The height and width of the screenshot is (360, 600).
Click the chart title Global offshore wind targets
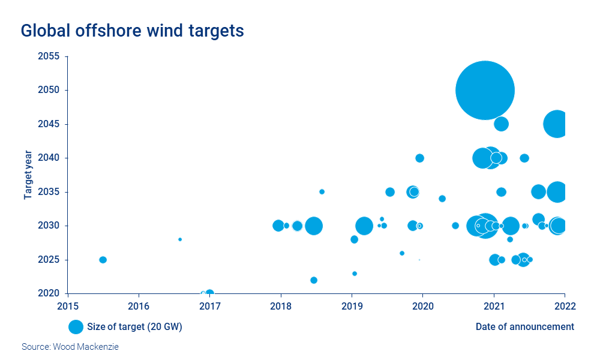click(133, 31)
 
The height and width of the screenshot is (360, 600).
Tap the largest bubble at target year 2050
click(485, 90)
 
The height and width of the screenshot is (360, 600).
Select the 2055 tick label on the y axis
click(49, 56)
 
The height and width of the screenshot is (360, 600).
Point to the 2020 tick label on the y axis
click(49, 293)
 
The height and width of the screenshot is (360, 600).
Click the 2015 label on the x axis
click(68, 305)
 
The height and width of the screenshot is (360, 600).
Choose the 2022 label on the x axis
click(565, 305)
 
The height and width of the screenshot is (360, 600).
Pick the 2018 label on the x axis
click(281, 305)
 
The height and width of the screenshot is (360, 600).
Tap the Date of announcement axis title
click(524, 327)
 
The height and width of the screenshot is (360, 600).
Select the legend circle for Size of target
click(76, 327)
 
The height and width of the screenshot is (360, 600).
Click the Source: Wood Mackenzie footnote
click(70, 347)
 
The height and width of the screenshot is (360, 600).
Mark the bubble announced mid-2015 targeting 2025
click(103, 260)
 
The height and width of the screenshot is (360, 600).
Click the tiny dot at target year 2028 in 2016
click(180, 239)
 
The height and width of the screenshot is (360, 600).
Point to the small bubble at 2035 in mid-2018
click(322, 192)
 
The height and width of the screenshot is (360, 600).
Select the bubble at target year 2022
click(313, 280)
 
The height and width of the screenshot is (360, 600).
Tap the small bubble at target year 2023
click(355, 274)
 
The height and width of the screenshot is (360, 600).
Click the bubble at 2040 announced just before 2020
click(419, 158)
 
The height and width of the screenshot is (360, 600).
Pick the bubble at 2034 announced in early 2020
click(442, 199)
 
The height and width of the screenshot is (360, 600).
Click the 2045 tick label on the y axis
click(49, 124)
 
